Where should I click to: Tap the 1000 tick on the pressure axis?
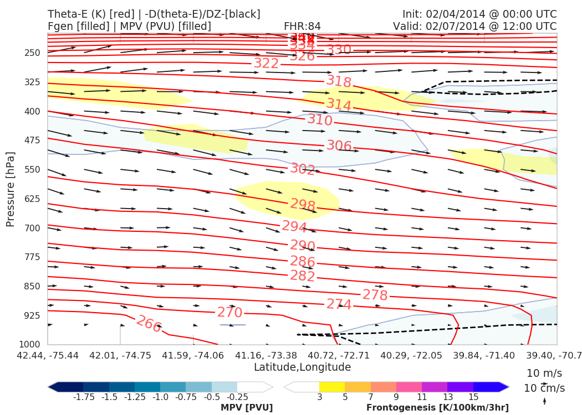[x=30, y=345]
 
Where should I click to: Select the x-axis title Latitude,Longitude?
[x=302, y=367]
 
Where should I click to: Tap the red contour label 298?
[x=303, y=205]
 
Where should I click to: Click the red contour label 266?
[x=149, y=324]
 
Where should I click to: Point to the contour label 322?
[x=266, y=64]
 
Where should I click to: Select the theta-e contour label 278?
[x=375, y=295]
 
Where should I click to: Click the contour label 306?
[x=339, y=146]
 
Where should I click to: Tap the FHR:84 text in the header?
[x=302, y=26]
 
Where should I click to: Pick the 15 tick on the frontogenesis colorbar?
[x=473, y=397]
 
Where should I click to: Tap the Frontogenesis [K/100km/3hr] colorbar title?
[x=437, y=408]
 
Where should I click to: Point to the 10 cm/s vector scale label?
[x=544, y=388]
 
